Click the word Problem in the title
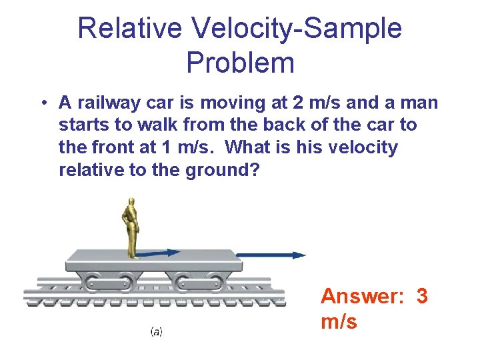tap(240, 63)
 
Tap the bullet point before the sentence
tap(43, 103)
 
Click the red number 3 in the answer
tap(421, 295)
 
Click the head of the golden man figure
tap(132, 202)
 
